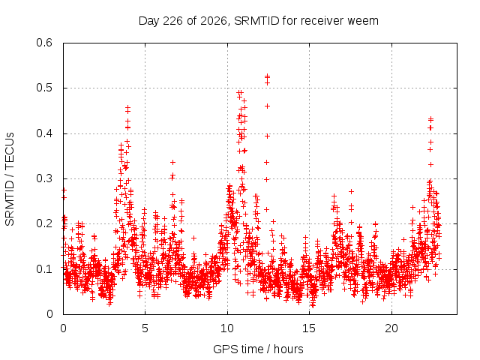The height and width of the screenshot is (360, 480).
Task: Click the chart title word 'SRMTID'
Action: (256, 21)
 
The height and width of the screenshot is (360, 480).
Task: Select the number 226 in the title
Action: (173, 21)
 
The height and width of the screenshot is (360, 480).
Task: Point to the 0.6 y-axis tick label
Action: (44, 43)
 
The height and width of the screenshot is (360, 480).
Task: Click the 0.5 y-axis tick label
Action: (44, 88)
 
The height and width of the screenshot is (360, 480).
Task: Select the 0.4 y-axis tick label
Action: (44, 133)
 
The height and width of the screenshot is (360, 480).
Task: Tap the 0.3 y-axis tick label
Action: (44, 178)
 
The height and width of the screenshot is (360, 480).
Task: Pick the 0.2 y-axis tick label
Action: (44, 223)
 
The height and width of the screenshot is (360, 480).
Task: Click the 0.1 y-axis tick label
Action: (44, 269)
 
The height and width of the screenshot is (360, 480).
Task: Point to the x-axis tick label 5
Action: (145, 328)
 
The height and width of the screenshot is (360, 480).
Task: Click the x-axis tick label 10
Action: (226, 328)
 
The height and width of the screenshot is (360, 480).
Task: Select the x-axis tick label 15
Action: (309, 328)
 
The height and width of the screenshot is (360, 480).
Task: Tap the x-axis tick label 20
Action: (391, 328)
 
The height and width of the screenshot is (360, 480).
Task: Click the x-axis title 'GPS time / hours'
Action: (258, 349)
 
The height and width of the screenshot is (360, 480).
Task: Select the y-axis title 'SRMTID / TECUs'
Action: (10, 179)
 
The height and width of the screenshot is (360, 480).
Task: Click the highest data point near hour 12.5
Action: (267, 75)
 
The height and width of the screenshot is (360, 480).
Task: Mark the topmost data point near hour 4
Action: (127, 107)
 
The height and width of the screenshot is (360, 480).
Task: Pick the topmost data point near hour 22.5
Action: (430, 118)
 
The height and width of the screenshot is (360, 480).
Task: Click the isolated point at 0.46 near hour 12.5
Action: (267, 106)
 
